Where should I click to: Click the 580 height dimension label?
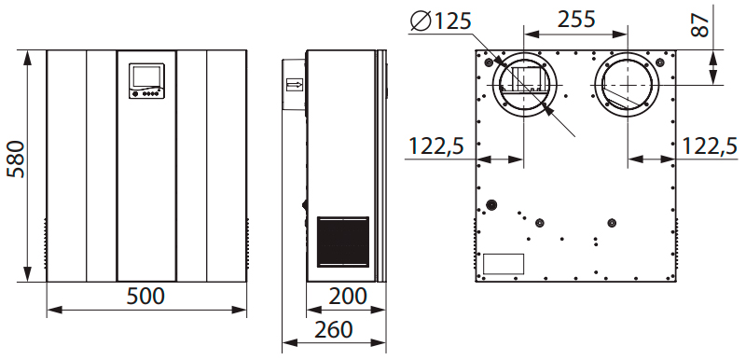tap(16, 159)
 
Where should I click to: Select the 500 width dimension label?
tap(145, 297)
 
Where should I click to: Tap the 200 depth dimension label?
tap(348, 297)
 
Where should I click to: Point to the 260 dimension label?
tap(334, 329)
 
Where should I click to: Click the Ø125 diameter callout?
tap(440, 21)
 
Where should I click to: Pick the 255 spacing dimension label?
tap(576, 20)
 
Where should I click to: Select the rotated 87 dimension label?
tap(700, 25)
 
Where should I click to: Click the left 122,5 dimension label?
tap(436, 146)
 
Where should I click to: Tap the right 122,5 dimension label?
tap(710, 146)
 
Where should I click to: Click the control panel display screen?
tap(146, 76)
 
